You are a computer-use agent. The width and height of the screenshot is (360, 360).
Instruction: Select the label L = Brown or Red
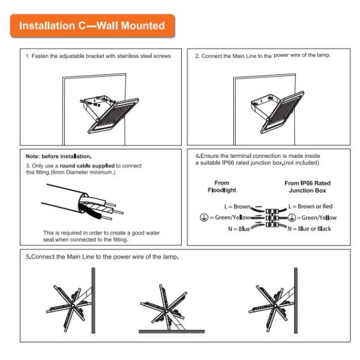[310, 206]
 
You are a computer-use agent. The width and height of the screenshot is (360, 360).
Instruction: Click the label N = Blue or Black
[309, 229]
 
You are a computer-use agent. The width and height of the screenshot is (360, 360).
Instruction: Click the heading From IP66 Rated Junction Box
[307, 187]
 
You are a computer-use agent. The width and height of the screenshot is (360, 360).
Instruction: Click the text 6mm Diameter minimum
[89, 172]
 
